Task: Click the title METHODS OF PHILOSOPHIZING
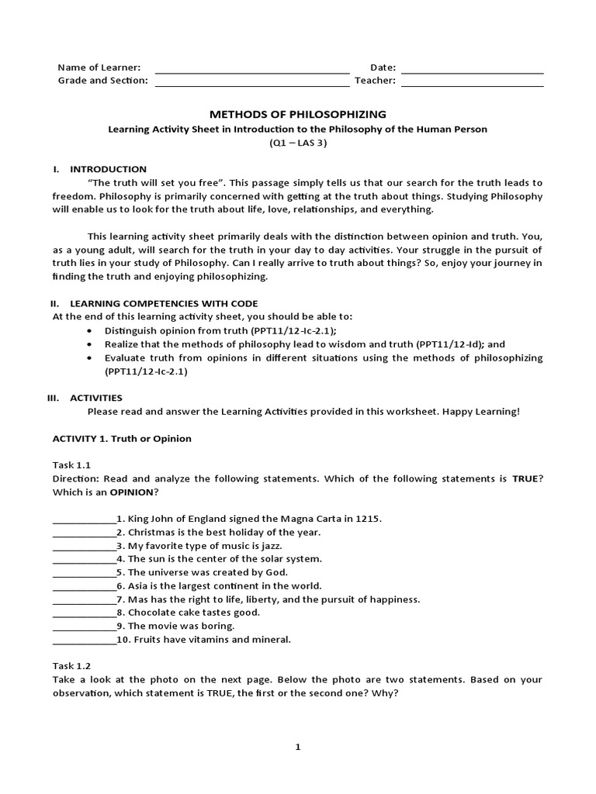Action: pyautogui.click(x=298, y=114)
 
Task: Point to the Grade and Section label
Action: pyautogui.click(x=102, y=81)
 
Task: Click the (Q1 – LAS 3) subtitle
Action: pyautogui.click(x=298, y=143)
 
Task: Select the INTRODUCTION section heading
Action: pyautogui.click(x=108, y=169)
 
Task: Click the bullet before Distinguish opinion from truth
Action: pyautogui.click(x=92, y=330)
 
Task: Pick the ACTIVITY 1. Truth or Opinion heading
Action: pyautogui.click(x=122, y=438)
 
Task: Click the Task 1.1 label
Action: pyautogui.click(x=71, y=465)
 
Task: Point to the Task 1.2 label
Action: pyautogui.click(x=71, y=665)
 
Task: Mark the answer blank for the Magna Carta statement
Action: pyautogui.click(x=84, y=519)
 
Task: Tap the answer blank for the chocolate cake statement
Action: pyautogui.click(x=84, y=613)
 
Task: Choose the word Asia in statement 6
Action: pyautogui.click(x=138, y=585)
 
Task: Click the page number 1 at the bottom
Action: pyautogui.click(x=298, y=747)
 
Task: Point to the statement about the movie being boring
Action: pyautogui.click(x=181, y=626)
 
